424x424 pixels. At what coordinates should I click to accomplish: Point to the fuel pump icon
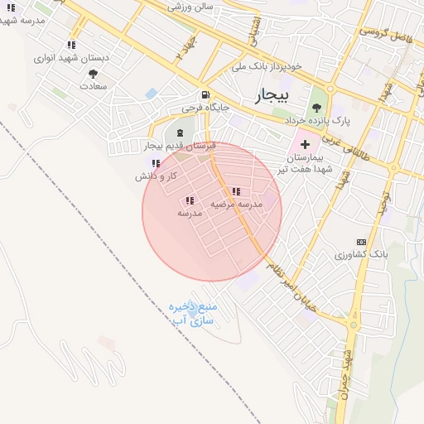[204, 94]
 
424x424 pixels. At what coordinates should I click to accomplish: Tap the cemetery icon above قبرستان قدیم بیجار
[181, 132]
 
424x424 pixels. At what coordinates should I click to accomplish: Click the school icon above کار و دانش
[157, 163]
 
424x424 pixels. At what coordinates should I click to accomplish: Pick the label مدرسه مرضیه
[236, 204]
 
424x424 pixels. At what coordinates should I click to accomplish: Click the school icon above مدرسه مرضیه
[236, 191]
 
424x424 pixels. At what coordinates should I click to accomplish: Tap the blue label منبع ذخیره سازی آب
[191, 312]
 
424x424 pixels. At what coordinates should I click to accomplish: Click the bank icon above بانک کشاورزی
[360, 242]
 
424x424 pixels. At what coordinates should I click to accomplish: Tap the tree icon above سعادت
[93, 73]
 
